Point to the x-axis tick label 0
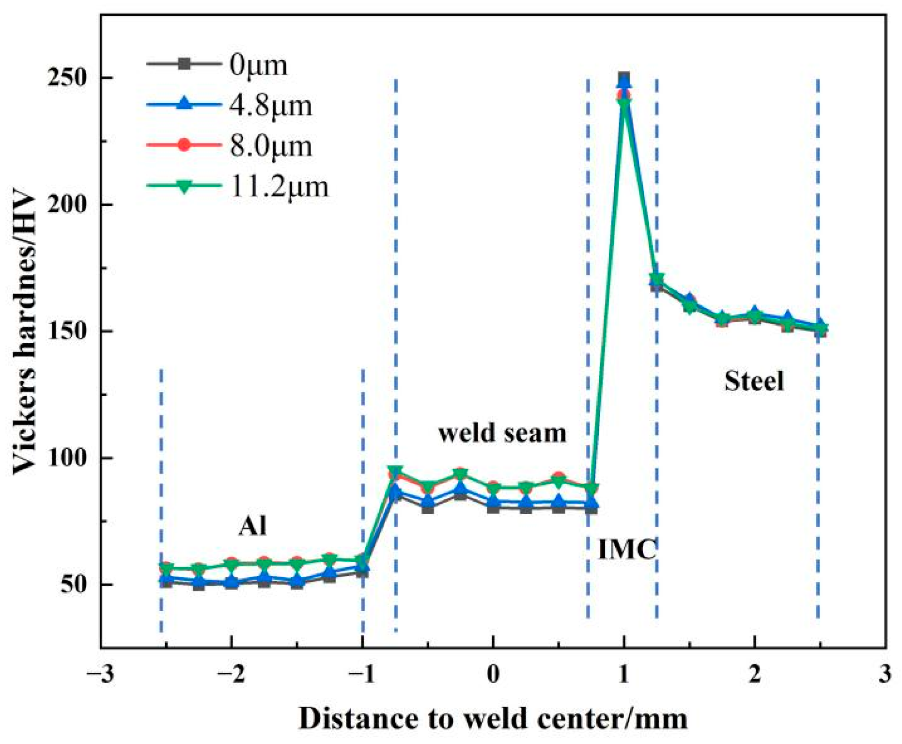point(493,674)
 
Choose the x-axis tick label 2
point(754,674)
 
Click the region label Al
point(252,526)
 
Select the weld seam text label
point(502,433)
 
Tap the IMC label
point(627,550)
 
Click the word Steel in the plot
point(754,381)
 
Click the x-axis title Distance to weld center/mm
point(493,718)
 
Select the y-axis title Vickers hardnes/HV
point(24,334)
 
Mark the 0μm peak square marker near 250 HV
point(624,78)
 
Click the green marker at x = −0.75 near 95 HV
point(395,471)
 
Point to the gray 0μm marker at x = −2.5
point(166,582)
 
